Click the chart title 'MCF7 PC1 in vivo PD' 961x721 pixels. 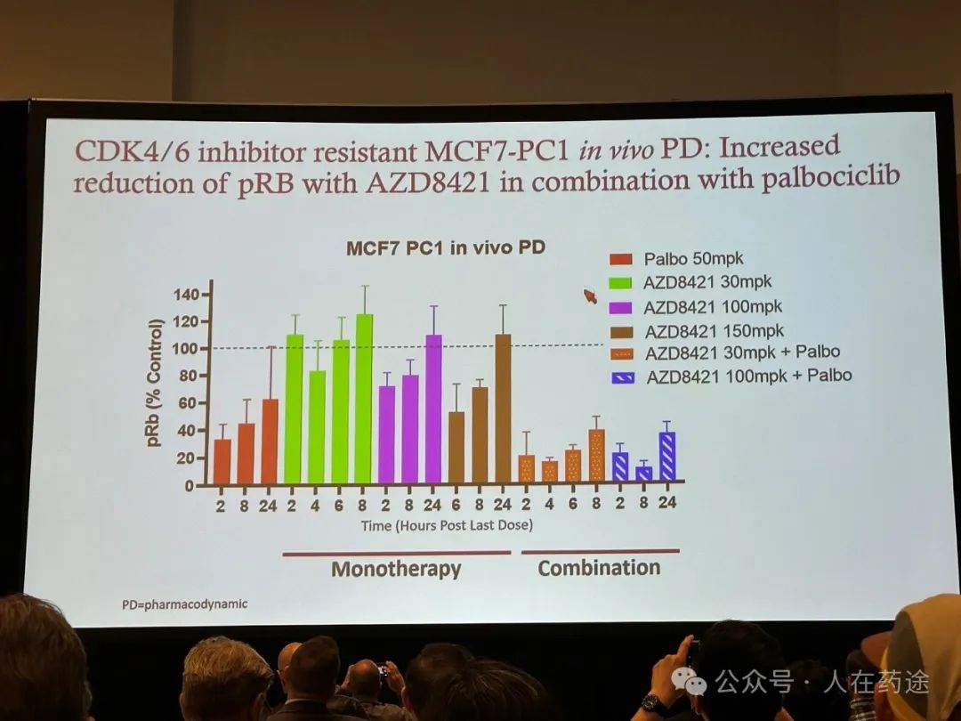pyautogui.click(x=445, y=248)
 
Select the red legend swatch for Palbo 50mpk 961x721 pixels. pyautogui.click(x=620, y=260)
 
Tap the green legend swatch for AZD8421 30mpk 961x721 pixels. pyautogui.click(x=620, y=283)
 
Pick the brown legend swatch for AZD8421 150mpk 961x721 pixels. pyautogui.click(x=620, y=331)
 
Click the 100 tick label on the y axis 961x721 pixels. pyautogui.click(x=188, y=348)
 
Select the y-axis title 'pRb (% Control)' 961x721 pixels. pyautogui.click(x=157, y=382)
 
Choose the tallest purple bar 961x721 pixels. pyautogui.click(x=433, y=409)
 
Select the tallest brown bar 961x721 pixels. pyautogui.click(x=503, y=409)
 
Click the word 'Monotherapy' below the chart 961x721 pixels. pyautogui.click(x=396, y=569)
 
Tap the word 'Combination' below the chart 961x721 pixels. pyautogui.click(x=599, y=568)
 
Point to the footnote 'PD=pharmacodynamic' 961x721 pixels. pyautogui.click(x=185, y=604)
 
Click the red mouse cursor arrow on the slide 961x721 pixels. pyautogui.click(x=589, y=296)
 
